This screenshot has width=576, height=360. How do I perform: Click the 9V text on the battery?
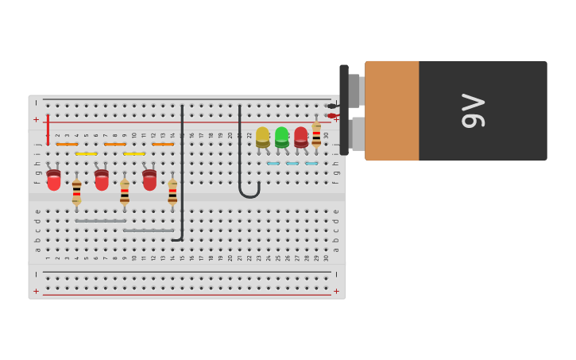(x=474, y=111)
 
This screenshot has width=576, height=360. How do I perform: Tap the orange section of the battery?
(x=392, y=110)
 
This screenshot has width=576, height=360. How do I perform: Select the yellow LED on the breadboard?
(x=262, y=137)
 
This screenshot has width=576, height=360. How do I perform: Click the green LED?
(x=282, y=137)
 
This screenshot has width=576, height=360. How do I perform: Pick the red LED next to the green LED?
(x=301, y=137)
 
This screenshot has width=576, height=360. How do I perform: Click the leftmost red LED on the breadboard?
(x=53, y=180)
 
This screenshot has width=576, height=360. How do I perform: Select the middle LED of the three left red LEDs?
(x=102, y=180)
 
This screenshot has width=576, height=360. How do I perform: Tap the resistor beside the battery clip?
(x=316, y=135)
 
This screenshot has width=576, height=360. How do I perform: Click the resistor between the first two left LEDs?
(x=76, y=192)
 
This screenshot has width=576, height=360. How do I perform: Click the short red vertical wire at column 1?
(x=48, y=129)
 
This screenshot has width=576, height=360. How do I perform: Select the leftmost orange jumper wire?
(x=67, y=144)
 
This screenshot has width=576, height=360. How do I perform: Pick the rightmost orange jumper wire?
(x=163, y=144)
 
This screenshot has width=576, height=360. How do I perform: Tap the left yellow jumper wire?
(x=86, y=153)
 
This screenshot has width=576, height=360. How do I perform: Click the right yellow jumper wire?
(x=134, y=153)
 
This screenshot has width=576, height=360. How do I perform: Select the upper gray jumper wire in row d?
(x=101, y=221)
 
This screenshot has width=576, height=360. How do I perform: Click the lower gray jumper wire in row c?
(x=149, y=230)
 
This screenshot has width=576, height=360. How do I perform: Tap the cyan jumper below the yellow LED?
(x=273, y=164)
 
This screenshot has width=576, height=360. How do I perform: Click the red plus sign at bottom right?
(x=336, y=291)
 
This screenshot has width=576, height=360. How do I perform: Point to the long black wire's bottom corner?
(x=181, y=238)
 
